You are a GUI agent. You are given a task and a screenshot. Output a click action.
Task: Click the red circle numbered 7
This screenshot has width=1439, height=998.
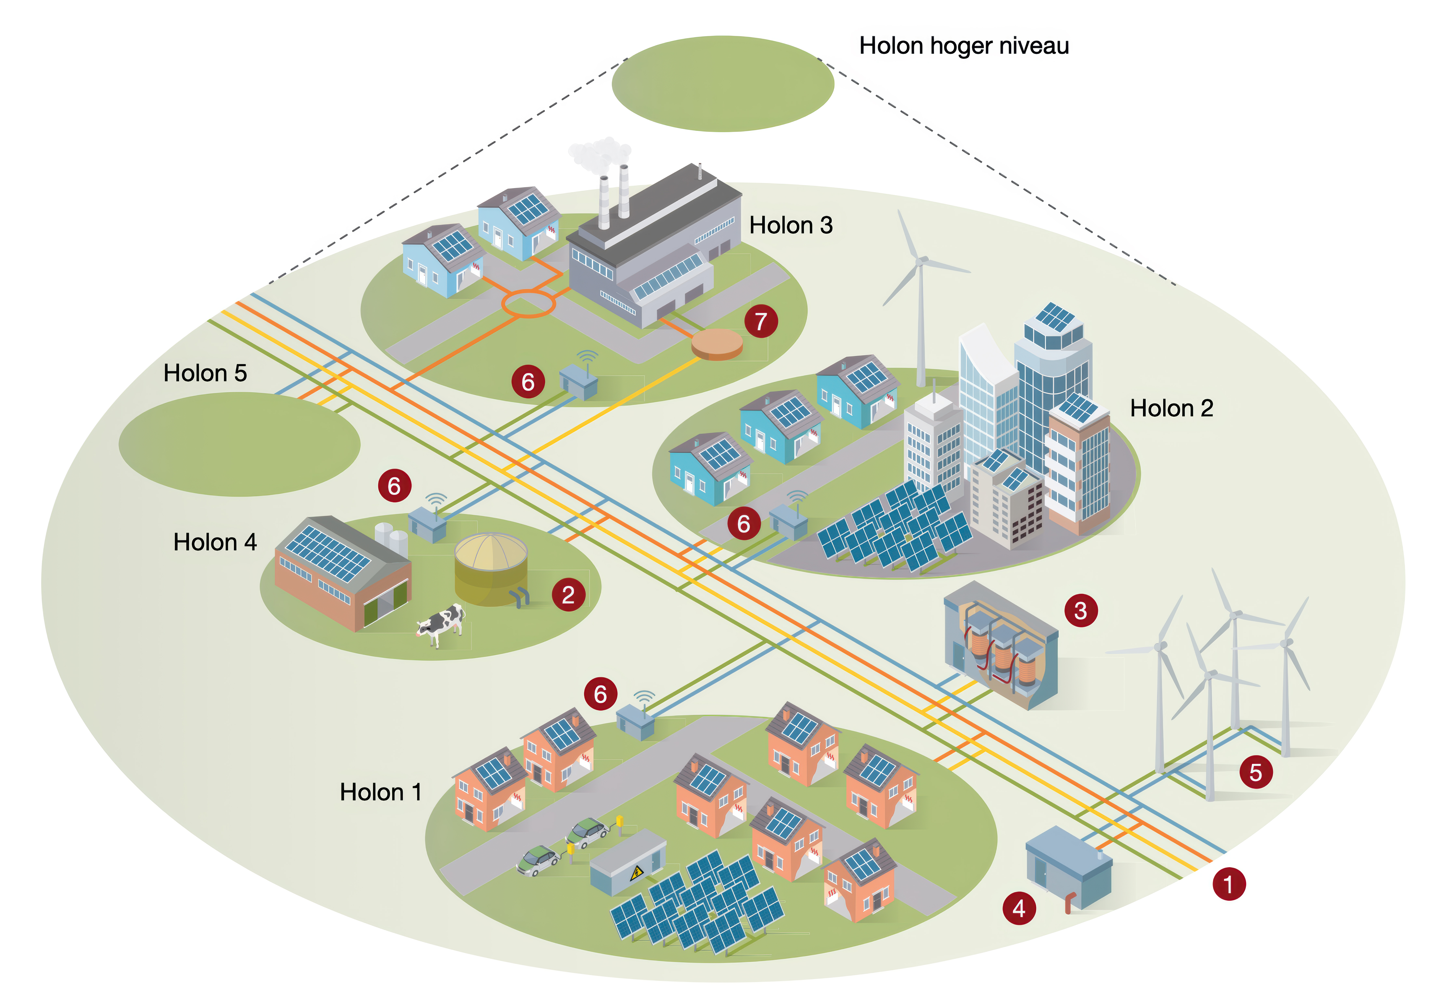[760, 322]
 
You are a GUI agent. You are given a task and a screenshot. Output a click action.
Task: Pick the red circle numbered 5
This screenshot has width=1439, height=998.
[1255, 772]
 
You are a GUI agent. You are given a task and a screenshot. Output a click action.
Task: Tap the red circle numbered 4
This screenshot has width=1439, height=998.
[1019, 908]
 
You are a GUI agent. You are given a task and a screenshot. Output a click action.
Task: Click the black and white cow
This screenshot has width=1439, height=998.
[441, 624]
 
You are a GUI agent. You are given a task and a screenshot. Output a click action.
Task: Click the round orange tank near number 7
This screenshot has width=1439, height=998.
[717, 344]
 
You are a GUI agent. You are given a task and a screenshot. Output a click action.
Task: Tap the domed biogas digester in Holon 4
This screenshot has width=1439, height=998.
[491, 569]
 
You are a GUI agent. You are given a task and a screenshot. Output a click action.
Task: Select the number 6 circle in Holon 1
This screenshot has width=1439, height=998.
[600, 694]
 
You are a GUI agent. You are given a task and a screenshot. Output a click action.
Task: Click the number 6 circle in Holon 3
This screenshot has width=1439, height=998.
[528, 381]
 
